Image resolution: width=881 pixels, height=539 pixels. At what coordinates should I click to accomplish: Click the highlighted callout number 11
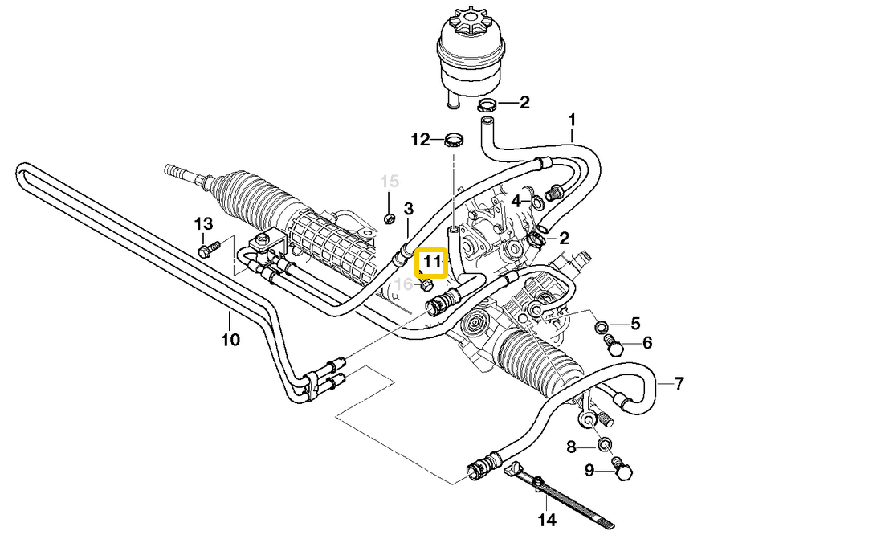[x=432, y=262]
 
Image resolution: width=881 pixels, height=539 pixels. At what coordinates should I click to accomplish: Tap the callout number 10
[x=230, y=340]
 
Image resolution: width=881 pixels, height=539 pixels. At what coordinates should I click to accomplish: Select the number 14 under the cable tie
[x=547, y=520]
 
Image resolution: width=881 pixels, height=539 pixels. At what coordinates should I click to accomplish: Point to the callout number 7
[x=679, y=383]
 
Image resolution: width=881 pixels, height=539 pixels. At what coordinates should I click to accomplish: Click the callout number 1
[x=572, y=120]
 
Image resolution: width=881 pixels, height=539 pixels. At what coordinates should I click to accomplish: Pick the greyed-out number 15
[x=389, y=182]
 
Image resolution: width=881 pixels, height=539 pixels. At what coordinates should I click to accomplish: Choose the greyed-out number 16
[x=404, y=284]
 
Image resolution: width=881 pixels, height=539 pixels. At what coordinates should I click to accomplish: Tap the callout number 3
[x=408, y=210]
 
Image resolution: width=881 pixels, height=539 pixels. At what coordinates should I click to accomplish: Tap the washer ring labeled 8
[x=605, y=444]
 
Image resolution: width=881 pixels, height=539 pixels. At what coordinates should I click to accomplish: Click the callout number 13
[x=204, y=223]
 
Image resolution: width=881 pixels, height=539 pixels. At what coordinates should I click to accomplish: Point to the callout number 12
[x=421, y=141]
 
